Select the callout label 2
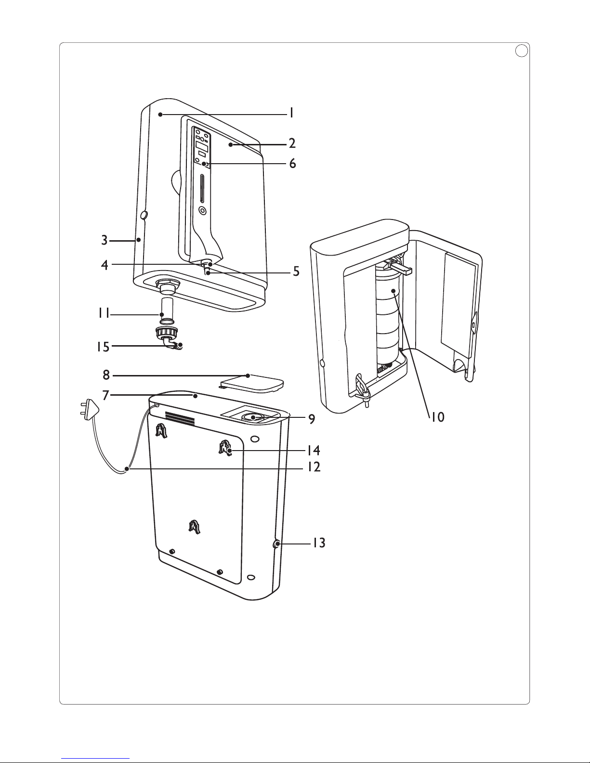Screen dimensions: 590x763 click(x=292, y=143)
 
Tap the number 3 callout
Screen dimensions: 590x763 click(x=105, y=240)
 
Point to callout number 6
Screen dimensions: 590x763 click(x=292, y=164)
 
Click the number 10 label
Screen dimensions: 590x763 click(x=437, y=417)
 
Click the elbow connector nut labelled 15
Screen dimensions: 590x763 click(x=170, y=334)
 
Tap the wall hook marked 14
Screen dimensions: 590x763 click(x=224, y=448)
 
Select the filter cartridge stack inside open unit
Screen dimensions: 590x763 click(x=388, y=318)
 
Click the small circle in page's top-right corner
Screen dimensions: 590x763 click(x=519, y=51)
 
